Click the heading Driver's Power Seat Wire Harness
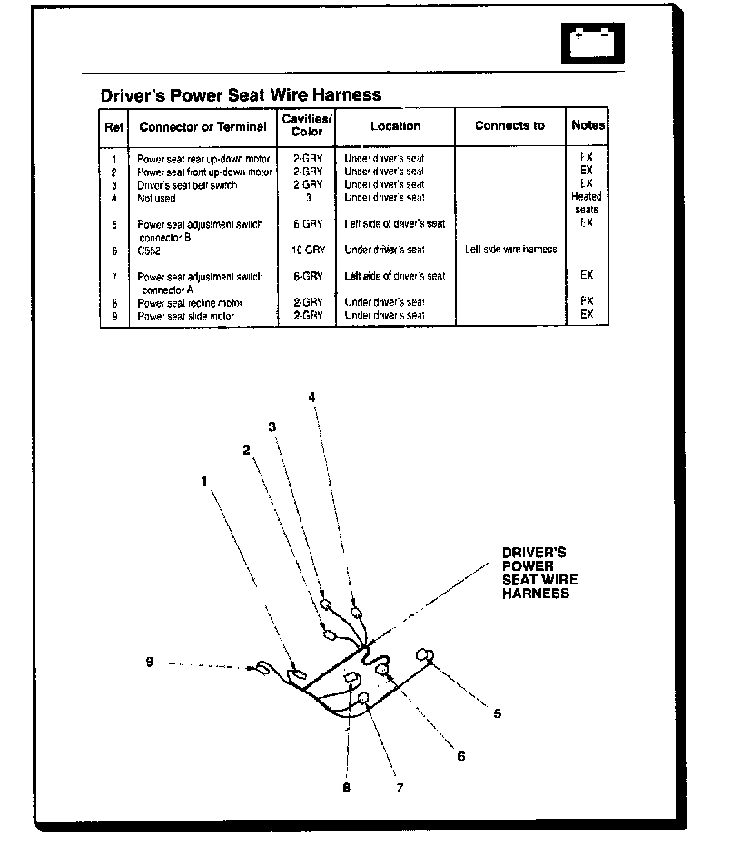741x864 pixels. (241, 95)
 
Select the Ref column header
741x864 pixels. (114, 127)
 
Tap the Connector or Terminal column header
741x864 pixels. (203, 127)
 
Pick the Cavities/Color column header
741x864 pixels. (307, 126)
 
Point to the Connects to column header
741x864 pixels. (509, 126)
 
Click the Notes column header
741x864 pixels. (588, 126)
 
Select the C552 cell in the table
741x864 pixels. (149, 250)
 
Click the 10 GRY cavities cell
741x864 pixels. (307, 249)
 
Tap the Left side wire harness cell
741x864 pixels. (510, 250)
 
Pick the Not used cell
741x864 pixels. (156, 198)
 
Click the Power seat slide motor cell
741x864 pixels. (185, 316)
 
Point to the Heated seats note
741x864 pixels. (586, 202)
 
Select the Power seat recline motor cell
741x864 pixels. (190, 303)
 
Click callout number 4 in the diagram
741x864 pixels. (311, 398)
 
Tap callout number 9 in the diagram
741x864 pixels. (149, 662)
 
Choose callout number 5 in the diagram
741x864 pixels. (497, 713)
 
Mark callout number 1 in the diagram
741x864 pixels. (205, 481)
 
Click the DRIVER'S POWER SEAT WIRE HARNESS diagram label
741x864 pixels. (539, 573)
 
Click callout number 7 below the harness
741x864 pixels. (399, 788)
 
